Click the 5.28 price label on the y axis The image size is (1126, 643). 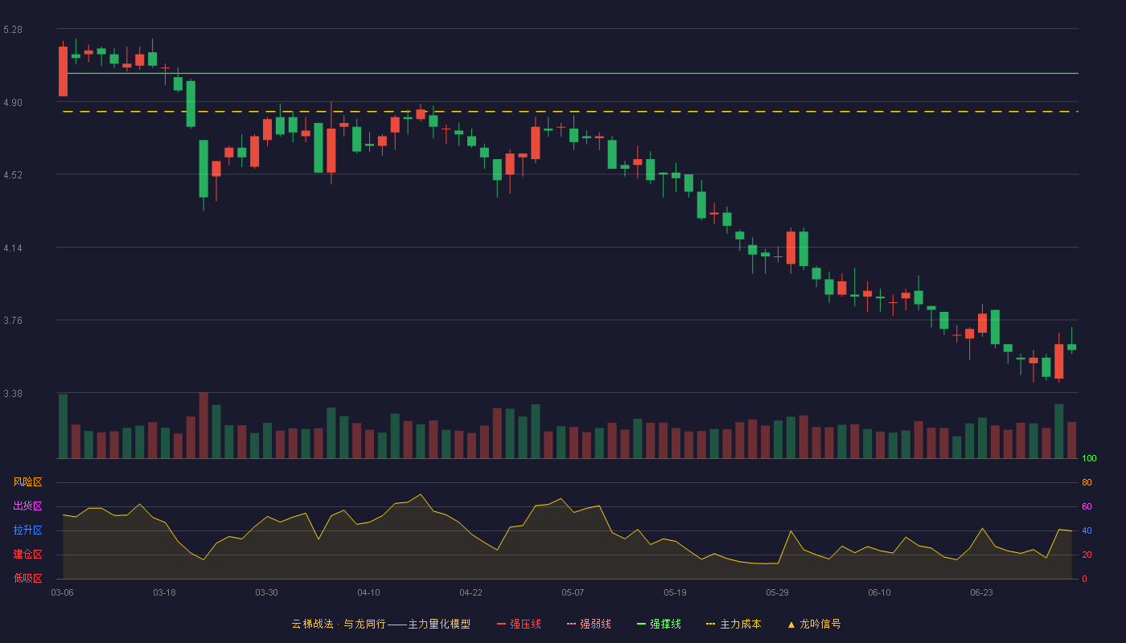click(13, 30)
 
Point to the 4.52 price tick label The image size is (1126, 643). click(13, 175)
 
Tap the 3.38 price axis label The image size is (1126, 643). click(13, 393)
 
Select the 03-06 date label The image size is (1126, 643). click(63, 593)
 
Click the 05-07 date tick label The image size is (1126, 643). click(573, 593)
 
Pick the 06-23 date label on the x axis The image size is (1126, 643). click(981, 593)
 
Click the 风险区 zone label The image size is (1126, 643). click(27, 482)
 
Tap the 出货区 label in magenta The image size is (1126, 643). click(27, 506)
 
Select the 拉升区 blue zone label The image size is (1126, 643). click(27, 530)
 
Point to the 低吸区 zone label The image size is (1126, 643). click(27, 578)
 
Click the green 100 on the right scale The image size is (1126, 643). click(1089, 458)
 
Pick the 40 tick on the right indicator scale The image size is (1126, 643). click(1087, 530)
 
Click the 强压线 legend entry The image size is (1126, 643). click(519, 624)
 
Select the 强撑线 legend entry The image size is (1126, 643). click(659, 624)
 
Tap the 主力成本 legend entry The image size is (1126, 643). click(734, 624)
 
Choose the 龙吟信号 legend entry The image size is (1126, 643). click(814, 624)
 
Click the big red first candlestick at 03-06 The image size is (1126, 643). click(63, 72)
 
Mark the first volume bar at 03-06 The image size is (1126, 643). click(63, 426)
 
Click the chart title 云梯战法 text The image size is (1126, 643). click(313, 624)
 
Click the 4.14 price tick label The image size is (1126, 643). click(13, 248)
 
